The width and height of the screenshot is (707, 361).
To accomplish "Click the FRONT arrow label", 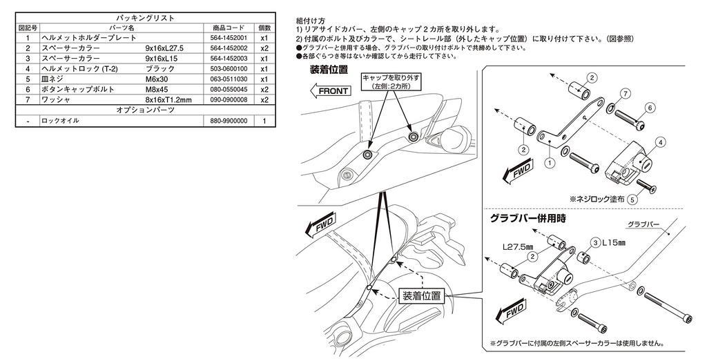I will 332,90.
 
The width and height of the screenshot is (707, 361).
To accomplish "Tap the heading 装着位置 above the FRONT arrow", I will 329,70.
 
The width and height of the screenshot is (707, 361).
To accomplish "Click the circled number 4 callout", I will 661,142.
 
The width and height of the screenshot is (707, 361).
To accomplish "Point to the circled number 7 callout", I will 625,93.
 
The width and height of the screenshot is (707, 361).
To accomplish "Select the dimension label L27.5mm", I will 516,246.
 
